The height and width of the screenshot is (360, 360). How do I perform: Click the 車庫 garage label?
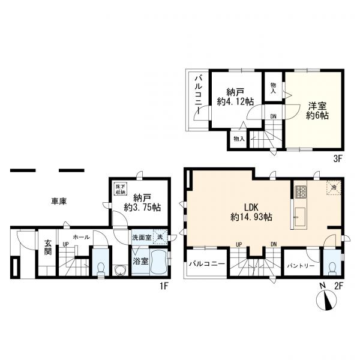[58, 202]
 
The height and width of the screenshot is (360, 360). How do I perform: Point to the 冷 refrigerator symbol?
[334, 187]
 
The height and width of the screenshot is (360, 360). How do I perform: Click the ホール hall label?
[82, 238]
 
